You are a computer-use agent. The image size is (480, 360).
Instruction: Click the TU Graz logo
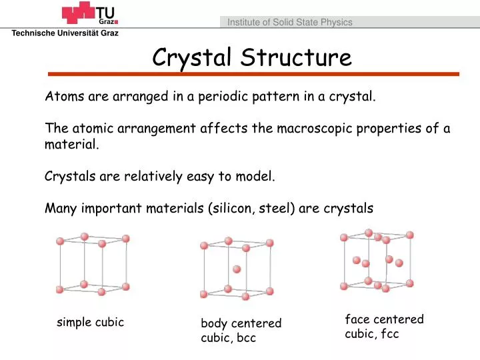click(89, 14)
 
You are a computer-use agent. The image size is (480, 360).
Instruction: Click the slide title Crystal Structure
click(251, 57)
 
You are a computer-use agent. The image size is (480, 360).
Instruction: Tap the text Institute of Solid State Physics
click(289, 22)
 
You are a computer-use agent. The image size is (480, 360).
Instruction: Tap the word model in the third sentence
click(255, 176)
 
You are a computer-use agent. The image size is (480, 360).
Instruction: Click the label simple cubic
click(90, 323)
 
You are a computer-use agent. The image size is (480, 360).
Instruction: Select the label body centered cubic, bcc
click(241, 331)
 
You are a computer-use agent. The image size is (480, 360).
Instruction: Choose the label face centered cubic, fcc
click(384, 327)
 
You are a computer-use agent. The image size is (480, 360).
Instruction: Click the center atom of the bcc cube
click(237, 269)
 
